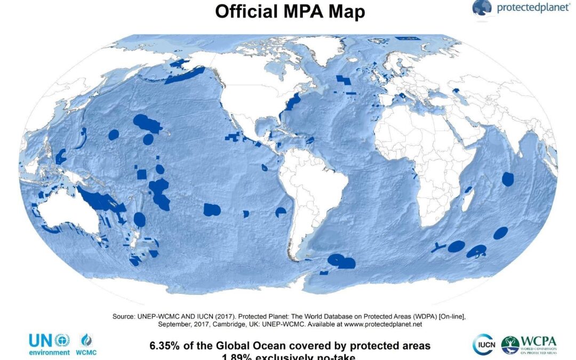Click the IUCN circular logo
(x=483, y=345)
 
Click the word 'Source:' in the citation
(x=125, y=316)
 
